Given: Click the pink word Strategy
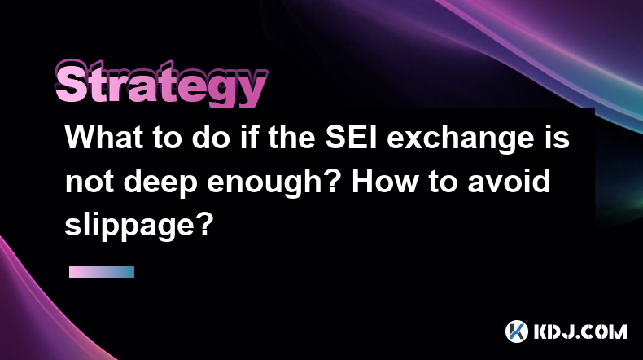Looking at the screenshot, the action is point(161,84).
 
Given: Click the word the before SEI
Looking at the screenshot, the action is point(291,137).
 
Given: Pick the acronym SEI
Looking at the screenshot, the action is point(351,137).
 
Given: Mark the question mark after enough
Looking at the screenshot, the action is point(332,181).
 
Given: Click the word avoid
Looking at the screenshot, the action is point(510,181).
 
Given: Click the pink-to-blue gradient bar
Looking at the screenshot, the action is point(102,271).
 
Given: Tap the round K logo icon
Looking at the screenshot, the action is point(517,331).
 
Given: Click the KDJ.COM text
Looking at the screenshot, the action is point(580,331).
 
